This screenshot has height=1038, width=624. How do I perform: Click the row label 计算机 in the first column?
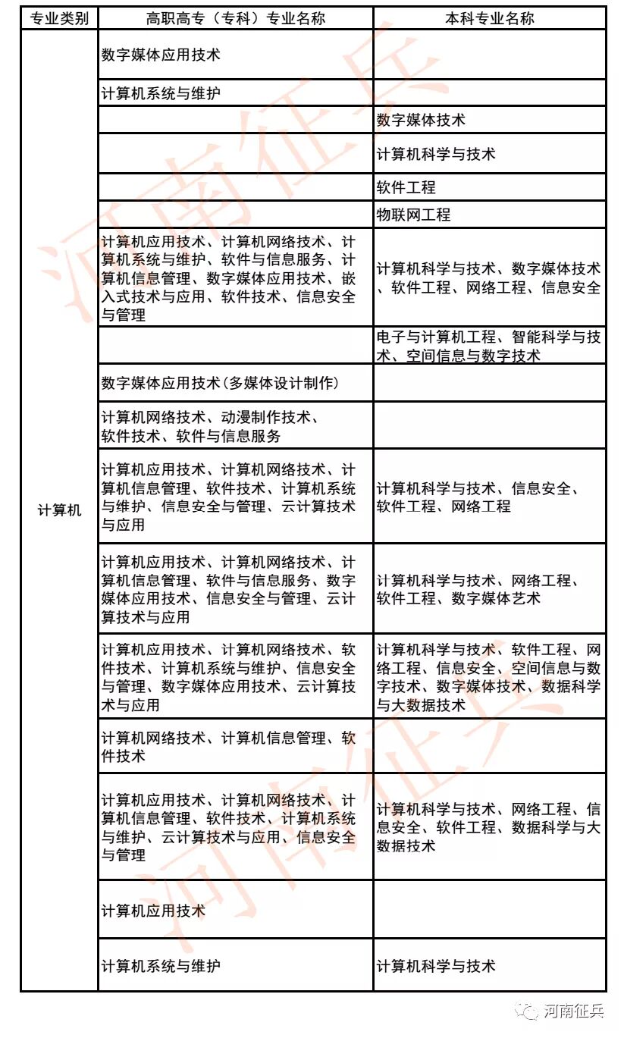[59, 510]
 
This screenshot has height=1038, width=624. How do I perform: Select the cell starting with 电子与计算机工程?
[489, 346]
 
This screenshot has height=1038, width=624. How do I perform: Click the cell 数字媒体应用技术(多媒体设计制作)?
[220, 384]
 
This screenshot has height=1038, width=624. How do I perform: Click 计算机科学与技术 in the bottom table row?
[436, 966]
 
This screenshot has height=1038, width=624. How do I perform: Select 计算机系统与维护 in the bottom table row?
[161, 966]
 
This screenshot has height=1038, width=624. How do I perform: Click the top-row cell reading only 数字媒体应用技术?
[161, 55]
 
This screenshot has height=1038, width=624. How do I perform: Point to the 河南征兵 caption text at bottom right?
[574, 1011]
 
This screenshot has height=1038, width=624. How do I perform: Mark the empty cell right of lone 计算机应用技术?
[489, 910]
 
